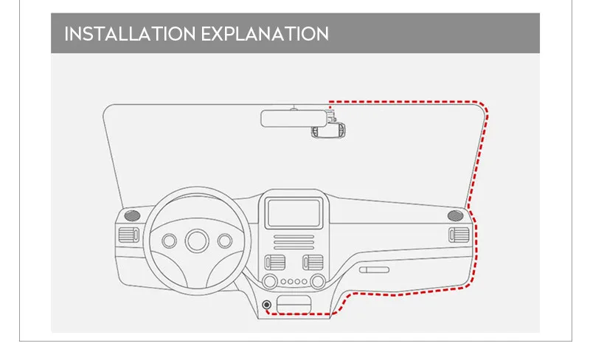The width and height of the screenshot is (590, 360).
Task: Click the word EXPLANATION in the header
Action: [271, 34]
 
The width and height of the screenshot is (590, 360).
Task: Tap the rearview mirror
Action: [293, 119]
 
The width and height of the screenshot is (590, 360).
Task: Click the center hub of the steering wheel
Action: [197, 240]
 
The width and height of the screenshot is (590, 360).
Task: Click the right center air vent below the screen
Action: [312, 263]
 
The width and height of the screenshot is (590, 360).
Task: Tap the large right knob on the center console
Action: [317, 281]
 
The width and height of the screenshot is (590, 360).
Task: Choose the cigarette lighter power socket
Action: [265, 304]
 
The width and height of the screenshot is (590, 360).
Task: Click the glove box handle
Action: [374, 270]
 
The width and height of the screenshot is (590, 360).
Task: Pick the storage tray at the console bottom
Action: [294, 304]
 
